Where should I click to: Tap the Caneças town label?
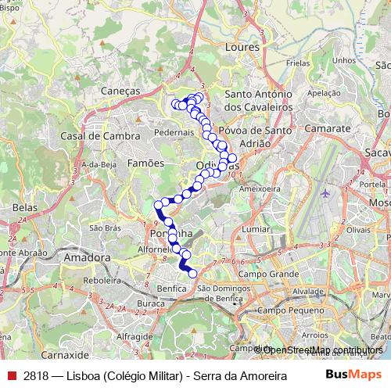(x=120, y=91)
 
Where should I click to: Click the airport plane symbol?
(x=325, y=192)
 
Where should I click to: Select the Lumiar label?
(x=256, y=228)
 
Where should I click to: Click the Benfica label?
(x=171, y=288)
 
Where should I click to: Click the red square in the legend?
(x=13, y=373)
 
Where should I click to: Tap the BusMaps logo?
(x=353, y=373)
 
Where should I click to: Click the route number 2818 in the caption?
(x=36, y=373)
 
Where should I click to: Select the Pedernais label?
(x=174, y=132)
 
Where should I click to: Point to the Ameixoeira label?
(x=259, y=188)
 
